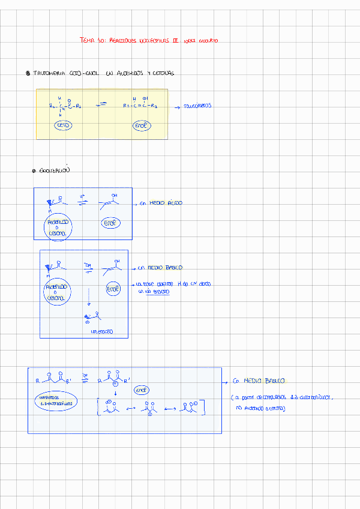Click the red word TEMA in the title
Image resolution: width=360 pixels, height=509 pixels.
click(x=88, y=40)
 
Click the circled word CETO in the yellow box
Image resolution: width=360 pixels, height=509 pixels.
click(x=63, y=125)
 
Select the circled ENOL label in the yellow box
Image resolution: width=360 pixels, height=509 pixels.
click(x=142, y=125)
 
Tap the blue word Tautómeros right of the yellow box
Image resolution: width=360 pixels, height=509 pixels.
click(x=197, y=106)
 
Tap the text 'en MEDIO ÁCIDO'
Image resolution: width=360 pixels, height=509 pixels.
click(x=161, y=203)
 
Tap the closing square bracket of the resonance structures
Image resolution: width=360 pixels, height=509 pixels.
click(x=204, y=406)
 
